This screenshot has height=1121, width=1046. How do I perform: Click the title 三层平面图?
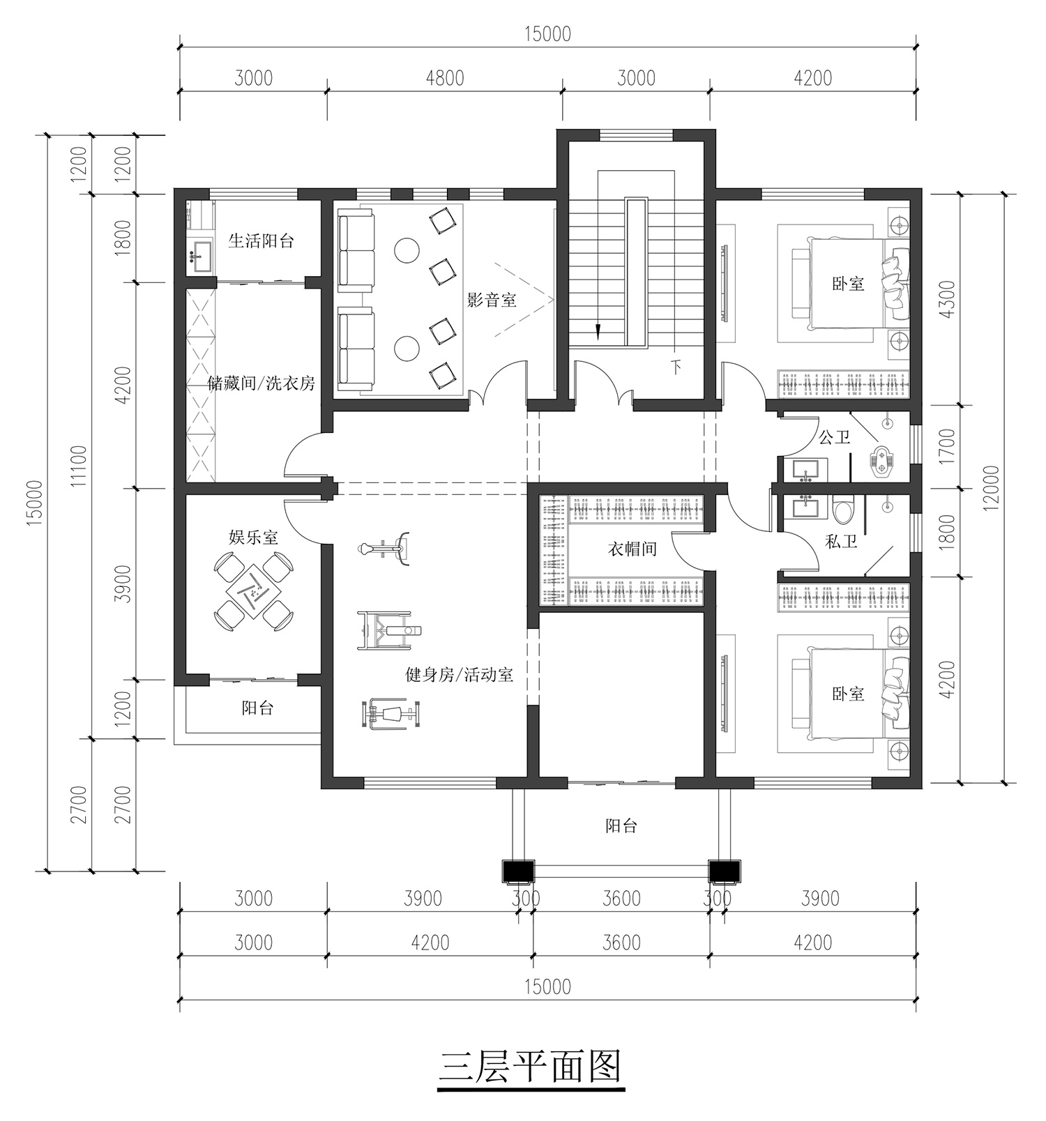(x=530, y=1066)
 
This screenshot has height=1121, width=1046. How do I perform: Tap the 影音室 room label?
(x=492, y=300)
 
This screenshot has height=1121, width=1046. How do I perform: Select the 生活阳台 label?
(x=261, y=241)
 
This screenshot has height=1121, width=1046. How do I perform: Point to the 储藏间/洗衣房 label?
(x=261, y=383)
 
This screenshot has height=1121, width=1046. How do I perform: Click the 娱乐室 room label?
(x=254, y=537)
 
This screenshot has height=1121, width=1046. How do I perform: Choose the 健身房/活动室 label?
(x=460, y=675)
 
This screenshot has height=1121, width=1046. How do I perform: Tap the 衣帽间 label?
(x=632, y=549)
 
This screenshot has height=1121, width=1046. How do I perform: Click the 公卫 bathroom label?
(x=835, y=438)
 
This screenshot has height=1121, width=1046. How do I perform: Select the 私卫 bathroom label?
(x=841, y=541)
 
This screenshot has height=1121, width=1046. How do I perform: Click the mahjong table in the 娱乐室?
(x=253, y=589)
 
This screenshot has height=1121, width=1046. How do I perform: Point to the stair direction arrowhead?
(x=598, y=331)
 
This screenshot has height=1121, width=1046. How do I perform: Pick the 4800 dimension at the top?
(x=445, y=78)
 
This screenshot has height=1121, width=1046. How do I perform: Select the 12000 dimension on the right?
(x=992, y=488)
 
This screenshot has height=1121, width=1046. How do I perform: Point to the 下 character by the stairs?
(x=675, y=367)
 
